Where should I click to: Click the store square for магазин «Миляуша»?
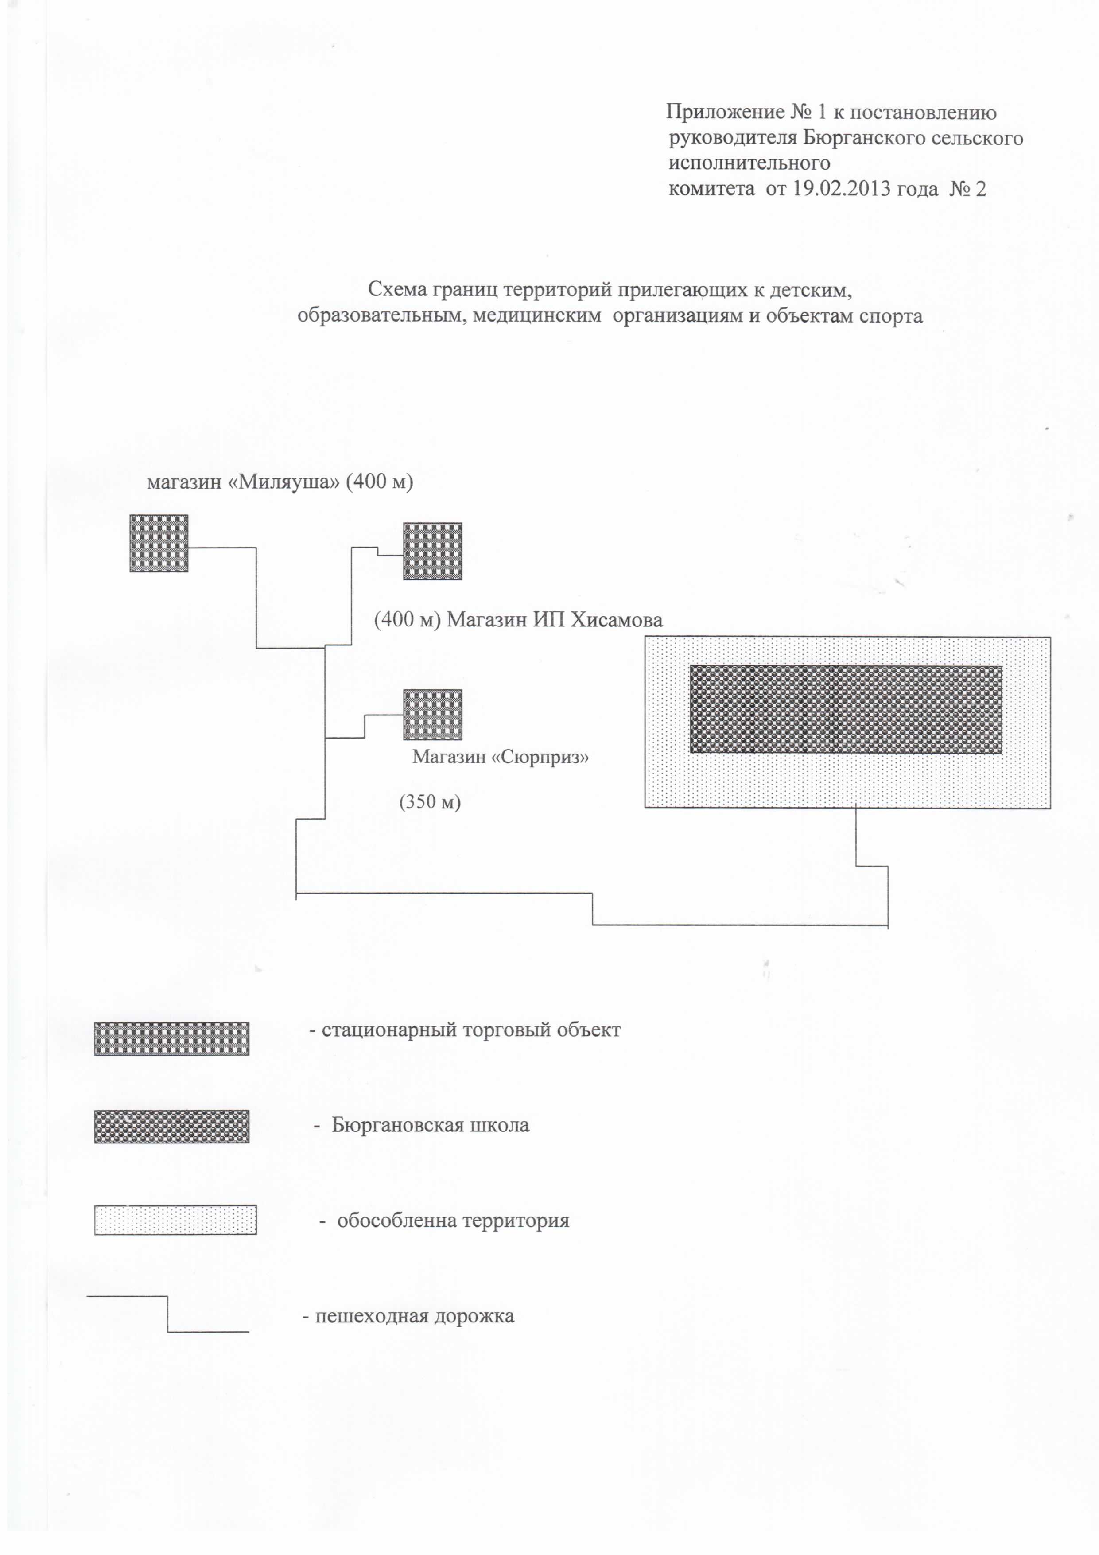159,543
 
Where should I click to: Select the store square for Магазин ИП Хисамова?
433,551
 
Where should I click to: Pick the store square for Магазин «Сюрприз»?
433,715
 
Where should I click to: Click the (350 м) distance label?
430,803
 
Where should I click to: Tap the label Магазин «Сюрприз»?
501,757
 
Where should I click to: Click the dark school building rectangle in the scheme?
846,709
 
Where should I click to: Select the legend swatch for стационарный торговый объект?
171,1039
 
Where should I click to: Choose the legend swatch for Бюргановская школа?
171,1126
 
